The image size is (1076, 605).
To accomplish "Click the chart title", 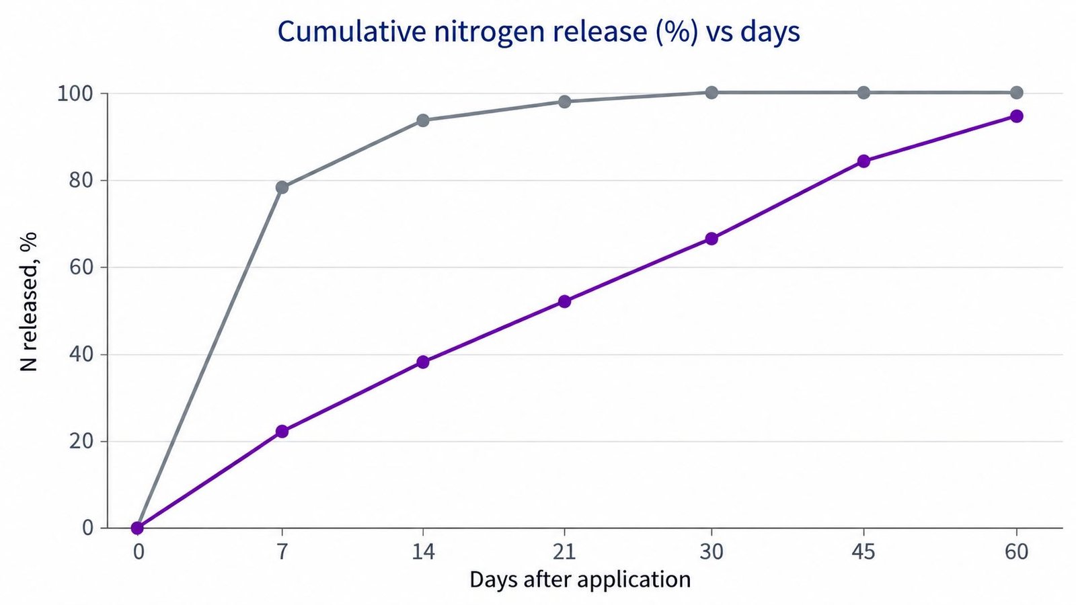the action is click(x=539, y=32).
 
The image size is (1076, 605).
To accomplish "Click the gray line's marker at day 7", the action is click(x=282, y=188).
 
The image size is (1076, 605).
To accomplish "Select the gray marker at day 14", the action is click(x=423, y=120).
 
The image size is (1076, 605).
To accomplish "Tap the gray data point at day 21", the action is click(x=564, y=102).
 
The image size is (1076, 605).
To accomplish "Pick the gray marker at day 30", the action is click(x=712, y=92).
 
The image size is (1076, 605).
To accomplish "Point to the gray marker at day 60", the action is click(x=1016, y=92).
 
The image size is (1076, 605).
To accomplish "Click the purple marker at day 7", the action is click(x=282, y=431).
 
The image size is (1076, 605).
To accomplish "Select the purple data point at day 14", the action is click(x=423, y=362).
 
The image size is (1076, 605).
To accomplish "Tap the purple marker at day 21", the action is click(x=564, y=301).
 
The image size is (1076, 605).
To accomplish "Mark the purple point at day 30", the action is click(x=712, y=238).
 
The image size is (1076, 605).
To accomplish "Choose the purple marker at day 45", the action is click(x=863, y=161).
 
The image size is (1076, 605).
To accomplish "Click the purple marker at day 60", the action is click(x=1016, y=116).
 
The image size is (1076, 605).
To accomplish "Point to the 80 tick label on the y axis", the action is click(x=81, y=181).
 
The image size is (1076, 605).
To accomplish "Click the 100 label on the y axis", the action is click(x=75, y=93).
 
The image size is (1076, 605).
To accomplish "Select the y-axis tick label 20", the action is click(x=81, y=441).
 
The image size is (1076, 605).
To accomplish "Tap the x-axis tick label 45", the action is click(x=863, y=552).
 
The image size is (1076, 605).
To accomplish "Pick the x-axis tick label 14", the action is click(x=423, y=552).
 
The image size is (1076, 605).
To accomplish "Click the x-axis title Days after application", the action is click(x=580, y=579).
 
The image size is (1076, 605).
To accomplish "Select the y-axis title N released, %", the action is click(x=29, y=302).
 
